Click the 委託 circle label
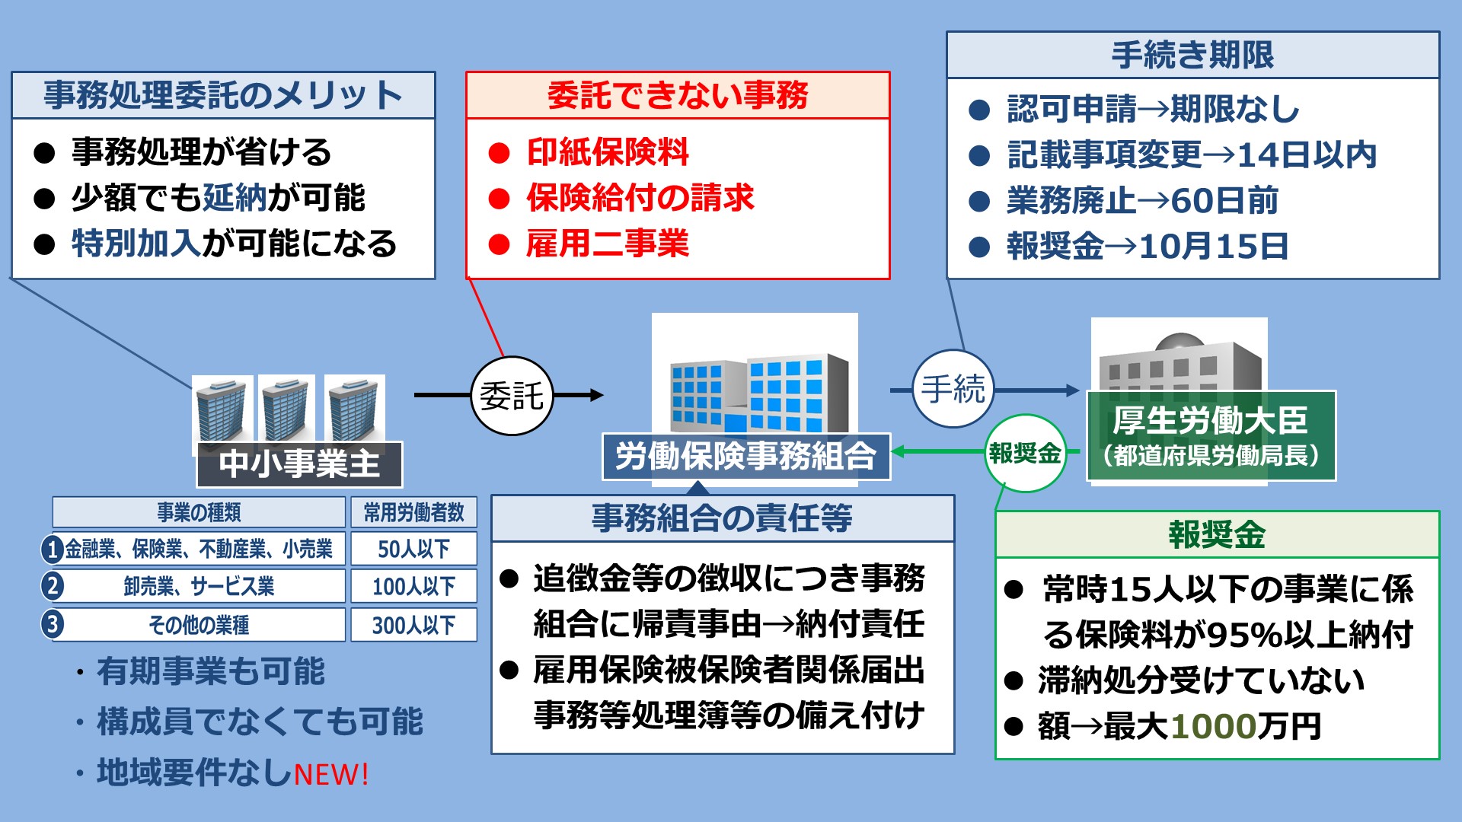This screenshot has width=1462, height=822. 512,396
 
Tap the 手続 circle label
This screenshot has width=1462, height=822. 953,389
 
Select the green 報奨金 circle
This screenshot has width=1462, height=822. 1025,453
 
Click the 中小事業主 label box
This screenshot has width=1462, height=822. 299,464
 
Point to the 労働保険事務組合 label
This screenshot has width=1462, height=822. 746,457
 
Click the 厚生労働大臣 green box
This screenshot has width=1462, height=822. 1211,436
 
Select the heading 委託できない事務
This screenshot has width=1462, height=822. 678,95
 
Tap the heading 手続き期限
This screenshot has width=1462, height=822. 1192,55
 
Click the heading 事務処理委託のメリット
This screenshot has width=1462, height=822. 223,95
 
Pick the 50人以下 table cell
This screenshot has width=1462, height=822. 413,549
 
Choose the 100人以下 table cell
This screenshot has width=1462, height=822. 413,586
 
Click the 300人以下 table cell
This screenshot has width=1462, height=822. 413,625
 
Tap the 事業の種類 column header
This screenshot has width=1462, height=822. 199,512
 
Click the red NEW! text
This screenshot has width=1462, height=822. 331,775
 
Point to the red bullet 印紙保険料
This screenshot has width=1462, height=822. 607,152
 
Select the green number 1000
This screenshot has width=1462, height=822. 1213,726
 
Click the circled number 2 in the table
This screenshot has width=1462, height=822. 53,586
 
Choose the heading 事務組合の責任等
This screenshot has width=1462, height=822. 722,518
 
